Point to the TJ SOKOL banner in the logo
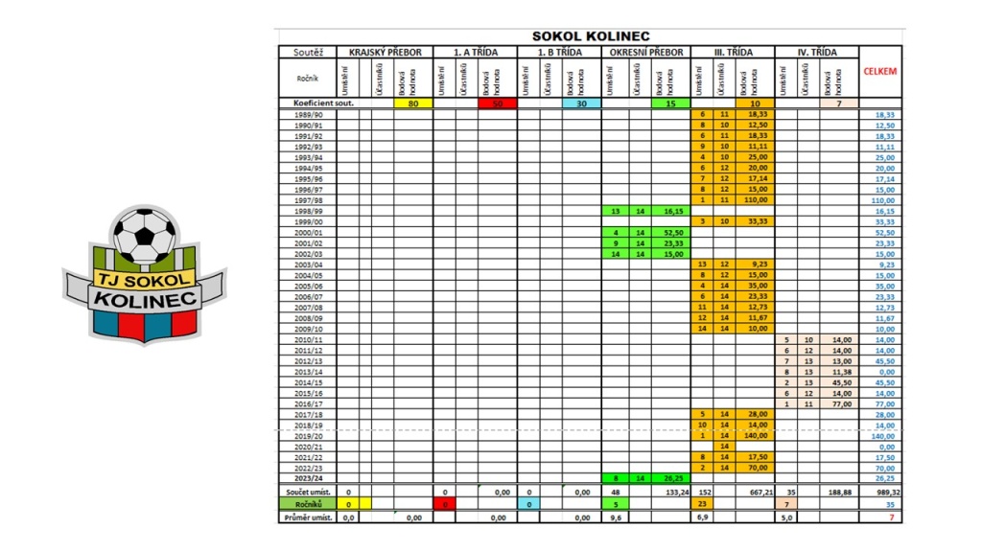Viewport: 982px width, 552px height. point(142,277)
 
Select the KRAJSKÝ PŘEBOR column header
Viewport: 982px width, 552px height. point(385,52)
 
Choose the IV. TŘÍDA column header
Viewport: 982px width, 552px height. point(816,52)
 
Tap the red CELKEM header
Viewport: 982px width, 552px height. point(879,71)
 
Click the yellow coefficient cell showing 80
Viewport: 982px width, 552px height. point(412,103)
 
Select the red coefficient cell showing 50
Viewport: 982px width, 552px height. point(497,103)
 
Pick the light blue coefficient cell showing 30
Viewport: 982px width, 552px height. point(581,103)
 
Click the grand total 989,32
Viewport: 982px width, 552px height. point(880,491)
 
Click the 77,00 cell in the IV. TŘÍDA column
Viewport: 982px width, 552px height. point(839,402)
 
